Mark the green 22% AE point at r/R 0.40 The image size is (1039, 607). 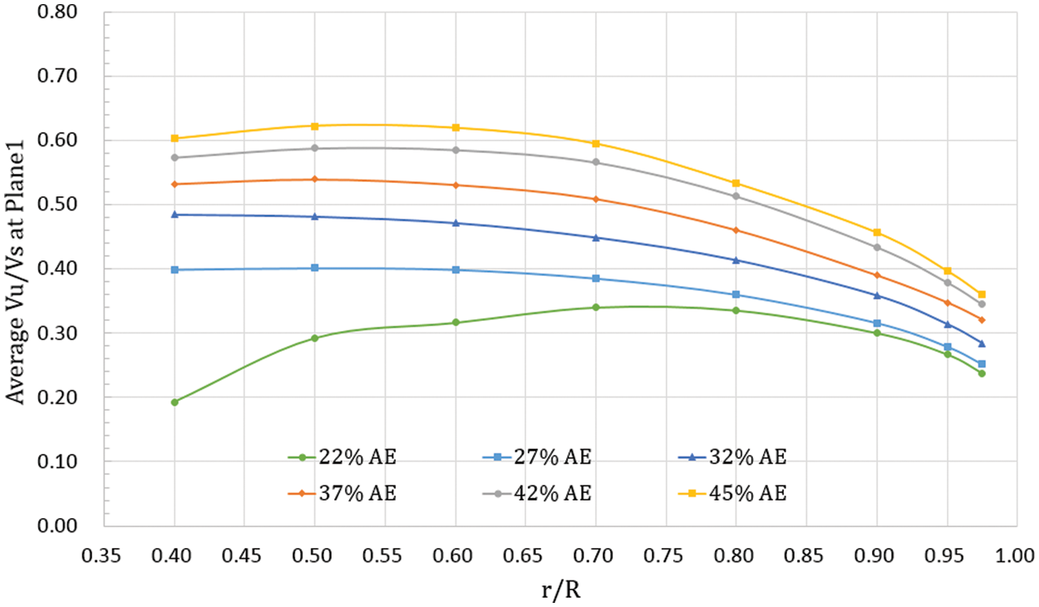[175, 402]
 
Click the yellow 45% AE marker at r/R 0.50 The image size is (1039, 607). [315, 126]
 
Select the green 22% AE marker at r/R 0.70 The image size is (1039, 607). [596, 308]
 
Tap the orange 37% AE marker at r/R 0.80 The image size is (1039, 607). [736, 230]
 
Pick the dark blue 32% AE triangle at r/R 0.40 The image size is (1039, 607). [175, 215]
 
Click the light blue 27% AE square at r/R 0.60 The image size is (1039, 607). [455, 269]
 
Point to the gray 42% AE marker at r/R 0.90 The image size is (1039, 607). [877, 247]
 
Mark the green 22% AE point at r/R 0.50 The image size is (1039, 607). [315, 338]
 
